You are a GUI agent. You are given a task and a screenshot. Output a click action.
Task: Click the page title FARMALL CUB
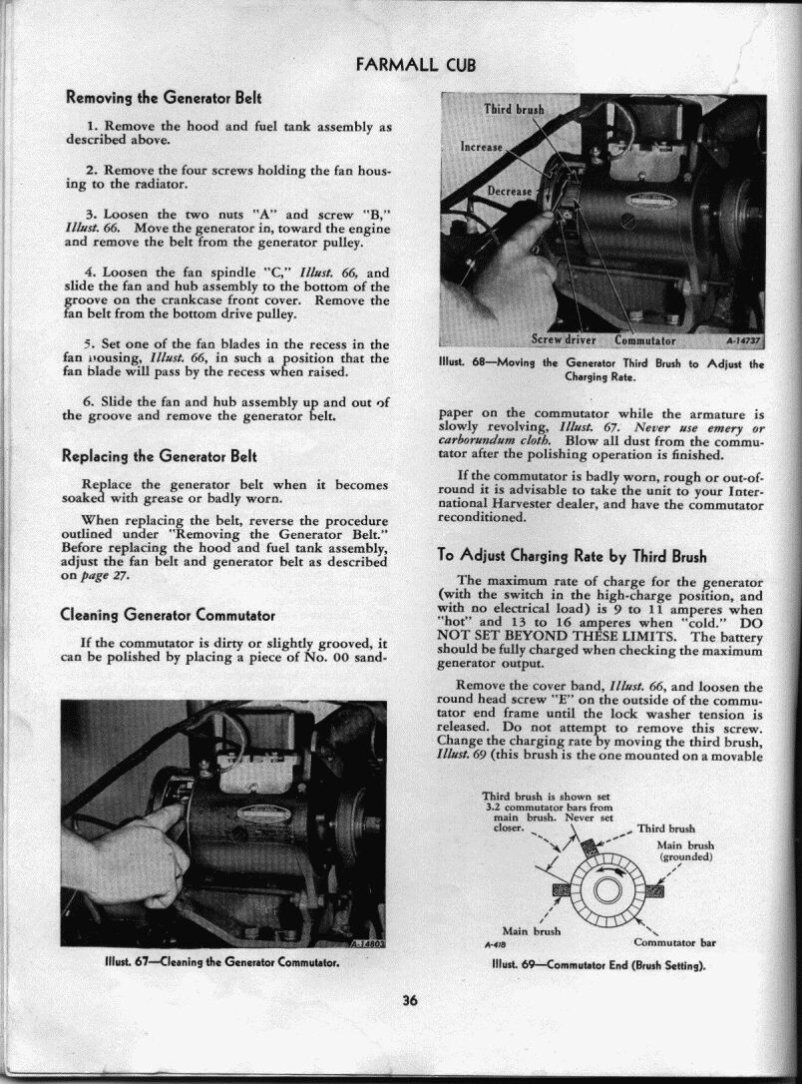(416, 66)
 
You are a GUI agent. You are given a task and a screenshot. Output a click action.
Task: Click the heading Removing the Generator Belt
(163, 98)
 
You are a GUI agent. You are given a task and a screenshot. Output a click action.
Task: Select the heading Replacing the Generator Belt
(161, 457)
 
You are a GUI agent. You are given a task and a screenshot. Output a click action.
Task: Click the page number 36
(410, 1002)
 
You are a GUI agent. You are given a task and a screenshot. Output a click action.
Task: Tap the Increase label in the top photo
(482, 147)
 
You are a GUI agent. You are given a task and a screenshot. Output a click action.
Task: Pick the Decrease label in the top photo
(510, 191)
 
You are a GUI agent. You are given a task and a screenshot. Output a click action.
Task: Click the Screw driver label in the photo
(564, 339)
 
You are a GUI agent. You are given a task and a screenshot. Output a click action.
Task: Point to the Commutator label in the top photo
(645, 339)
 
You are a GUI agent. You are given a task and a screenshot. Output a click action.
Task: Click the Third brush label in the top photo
(513, 109)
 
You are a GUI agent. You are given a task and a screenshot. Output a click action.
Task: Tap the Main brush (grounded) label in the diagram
(685, 851)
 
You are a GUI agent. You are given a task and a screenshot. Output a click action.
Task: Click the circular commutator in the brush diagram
(606, 887)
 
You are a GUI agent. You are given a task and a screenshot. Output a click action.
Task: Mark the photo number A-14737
(743, 340)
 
